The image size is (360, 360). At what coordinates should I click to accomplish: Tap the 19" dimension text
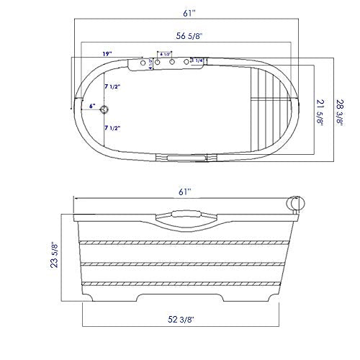(107, 54)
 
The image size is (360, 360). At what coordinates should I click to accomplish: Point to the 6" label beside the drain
(91, 106)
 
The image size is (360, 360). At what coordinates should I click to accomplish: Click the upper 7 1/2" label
(112, 86)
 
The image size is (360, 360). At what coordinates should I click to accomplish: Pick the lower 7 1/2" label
(112, 127)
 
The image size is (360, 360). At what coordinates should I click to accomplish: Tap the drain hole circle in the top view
(105, 109)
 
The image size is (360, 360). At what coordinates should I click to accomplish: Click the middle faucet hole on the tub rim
(172, 63)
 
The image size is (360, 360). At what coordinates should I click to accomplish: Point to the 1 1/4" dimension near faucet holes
(197, 60)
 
